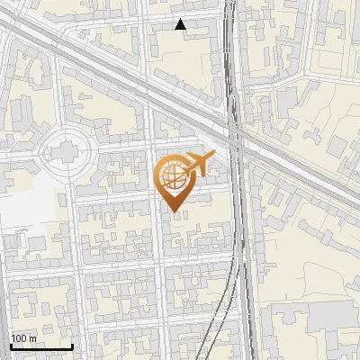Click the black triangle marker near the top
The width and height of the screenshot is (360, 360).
[181, 25]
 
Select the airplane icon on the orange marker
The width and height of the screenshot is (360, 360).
[200, 165]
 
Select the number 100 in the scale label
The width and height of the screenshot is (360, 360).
[19, 338]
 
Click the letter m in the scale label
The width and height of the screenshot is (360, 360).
[32, 338]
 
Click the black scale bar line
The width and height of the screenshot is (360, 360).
[40, 347]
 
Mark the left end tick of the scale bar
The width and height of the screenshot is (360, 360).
[11, 346]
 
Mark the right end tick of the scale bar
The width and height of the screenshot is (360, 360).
[72, 346]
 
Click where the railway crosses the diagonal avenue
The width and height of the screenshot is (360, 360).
[234, 132]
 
